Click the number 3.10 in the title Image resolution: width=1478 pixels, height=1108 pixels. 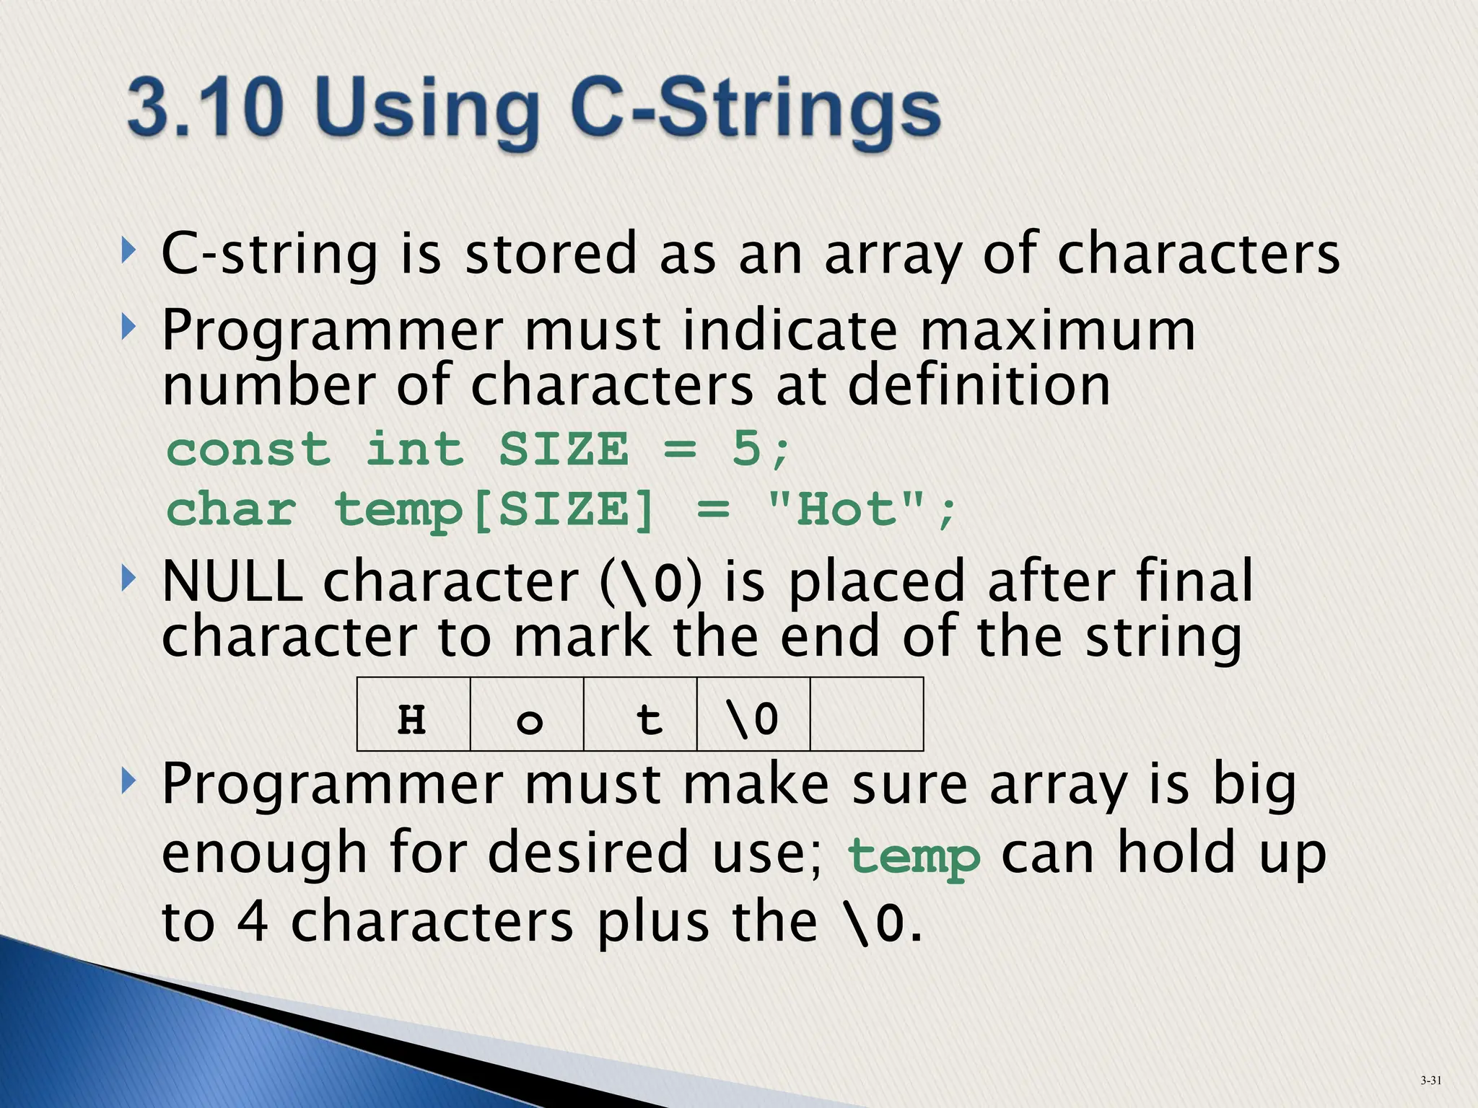click(204, 109)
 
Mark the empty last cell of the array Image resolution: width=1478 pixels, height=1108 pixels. click(867, 714)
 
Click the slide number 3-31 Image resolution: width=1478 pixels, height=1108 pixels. click(1430, 1080)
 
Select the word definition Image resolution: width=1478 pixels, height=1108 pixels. click(979, 386)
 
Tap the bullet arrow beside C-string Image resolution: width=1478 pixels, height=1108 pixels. click(128, 252)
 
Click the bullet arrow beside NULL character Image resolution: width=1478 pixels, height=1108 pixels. click(128, 578)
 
